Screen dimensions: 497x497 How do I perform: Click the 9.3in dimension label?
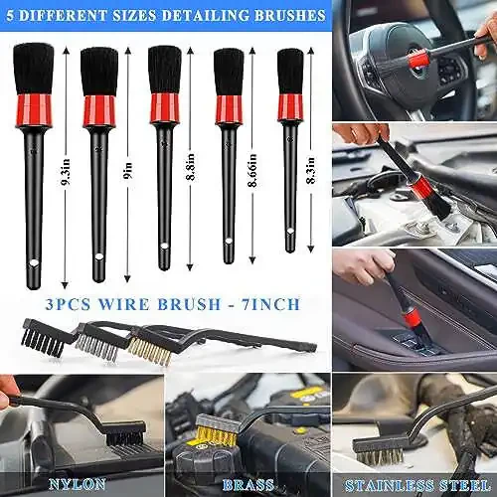(x=66, y=169)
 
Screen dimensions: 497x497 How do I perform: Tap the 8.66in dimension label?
(x=252, y=170)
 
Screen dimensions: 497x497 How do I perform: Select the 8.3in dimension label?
(x=311, y=170)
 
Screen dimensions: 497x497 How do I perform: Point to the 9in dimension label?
(x=127, y=171)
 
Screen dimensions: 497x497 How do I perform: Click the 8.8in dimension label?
(x=190, y=167)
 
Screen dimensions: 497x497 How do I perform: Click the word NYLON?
(x=78, y=484)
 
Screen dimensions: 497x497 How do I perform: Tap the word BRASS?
(x=248, y=485)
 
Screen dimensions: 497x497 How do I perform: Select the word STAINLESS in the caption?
(x=390, y=486)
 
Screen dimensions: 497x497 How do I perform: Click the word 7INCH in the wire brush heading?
(x=271, y=304)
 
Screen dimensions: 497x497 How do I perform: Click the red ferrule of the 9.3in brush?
(x=33, y=111)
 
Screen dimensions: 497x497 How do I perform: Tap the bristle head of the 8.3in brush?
(x=290, y=72)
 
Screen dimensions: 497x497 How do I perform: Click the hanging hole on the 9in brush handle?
(x=98, y=256)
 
